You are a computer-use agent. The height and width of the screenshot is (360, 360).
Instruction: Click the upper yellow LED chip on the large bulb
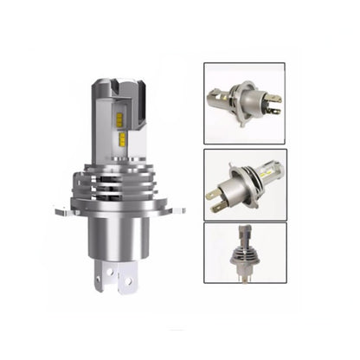[120, 120]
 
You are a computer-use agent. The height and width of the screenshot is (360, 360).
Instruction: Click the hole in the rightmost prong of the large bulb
[129, 280]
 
